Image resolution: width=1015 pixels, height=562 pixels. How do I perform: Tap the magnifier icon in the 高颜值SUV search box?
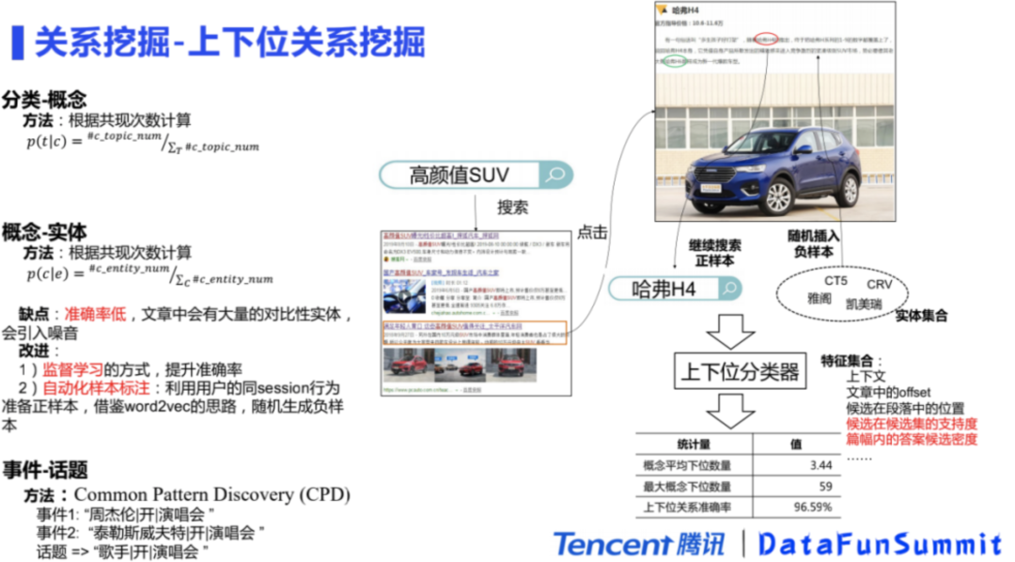coord(555,175)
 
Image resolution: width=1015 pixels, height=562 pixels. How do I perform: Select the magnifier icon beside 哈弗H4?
coord(729,289)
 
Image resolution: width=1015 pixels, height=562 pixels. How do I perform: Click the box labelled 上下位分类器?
coord(741,371)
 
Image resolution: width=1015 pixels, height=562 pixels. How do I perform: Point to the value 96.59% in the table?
coord(811,508)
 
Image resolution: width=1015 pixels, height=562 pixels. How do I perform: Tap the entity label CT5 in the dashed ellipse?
coord(835,280)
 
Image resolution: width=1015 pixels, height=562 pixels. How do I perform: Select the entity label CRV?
coord(880,284)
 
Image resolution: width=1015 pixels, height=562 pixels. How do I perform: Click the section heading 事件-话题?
coord(44,469)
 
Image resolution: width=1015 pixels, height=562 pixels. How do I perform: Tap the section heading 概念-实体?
coord(44,231)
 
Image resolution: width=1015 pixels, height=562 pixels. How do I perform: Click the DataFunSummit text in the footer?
coord(880,544)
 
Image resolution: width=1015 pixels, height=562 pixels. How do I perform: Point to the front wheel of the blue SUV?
coord(777,195)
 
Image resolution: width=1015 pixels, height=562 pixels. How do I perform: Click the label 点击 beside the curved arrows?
coord(592,232)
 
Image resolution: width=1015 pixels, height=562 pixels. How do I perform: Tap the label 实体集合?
coord(920,316)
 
